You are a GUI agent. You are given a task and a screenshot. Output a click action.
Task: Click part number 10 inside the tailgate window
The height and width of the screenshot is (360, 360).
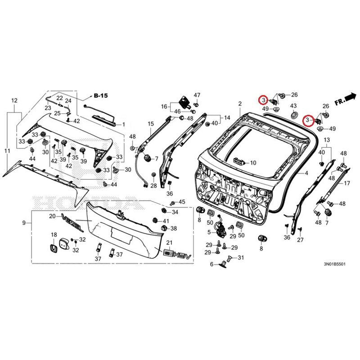252,162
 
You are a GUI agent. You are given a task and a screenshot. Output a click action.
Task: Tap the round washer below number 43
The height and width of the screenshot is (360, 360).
294,116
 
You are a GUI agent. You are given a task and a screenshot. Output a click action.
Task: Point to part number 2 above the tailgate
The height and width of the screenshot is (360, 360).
240,103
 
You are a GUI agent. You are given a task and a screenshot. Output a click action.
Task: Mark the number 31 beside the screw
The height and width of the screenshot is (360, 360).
240,257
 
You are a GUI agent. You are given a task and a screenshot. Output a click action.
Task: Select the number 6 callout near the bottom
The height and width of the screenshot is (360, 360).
211,264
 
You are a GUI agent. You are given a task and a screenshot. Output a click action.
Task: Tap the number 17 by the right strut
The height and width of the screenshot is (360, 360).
346,183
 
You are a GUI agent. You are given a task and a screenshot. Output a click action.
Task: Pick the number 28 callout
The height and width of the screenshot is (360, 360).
153,186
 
